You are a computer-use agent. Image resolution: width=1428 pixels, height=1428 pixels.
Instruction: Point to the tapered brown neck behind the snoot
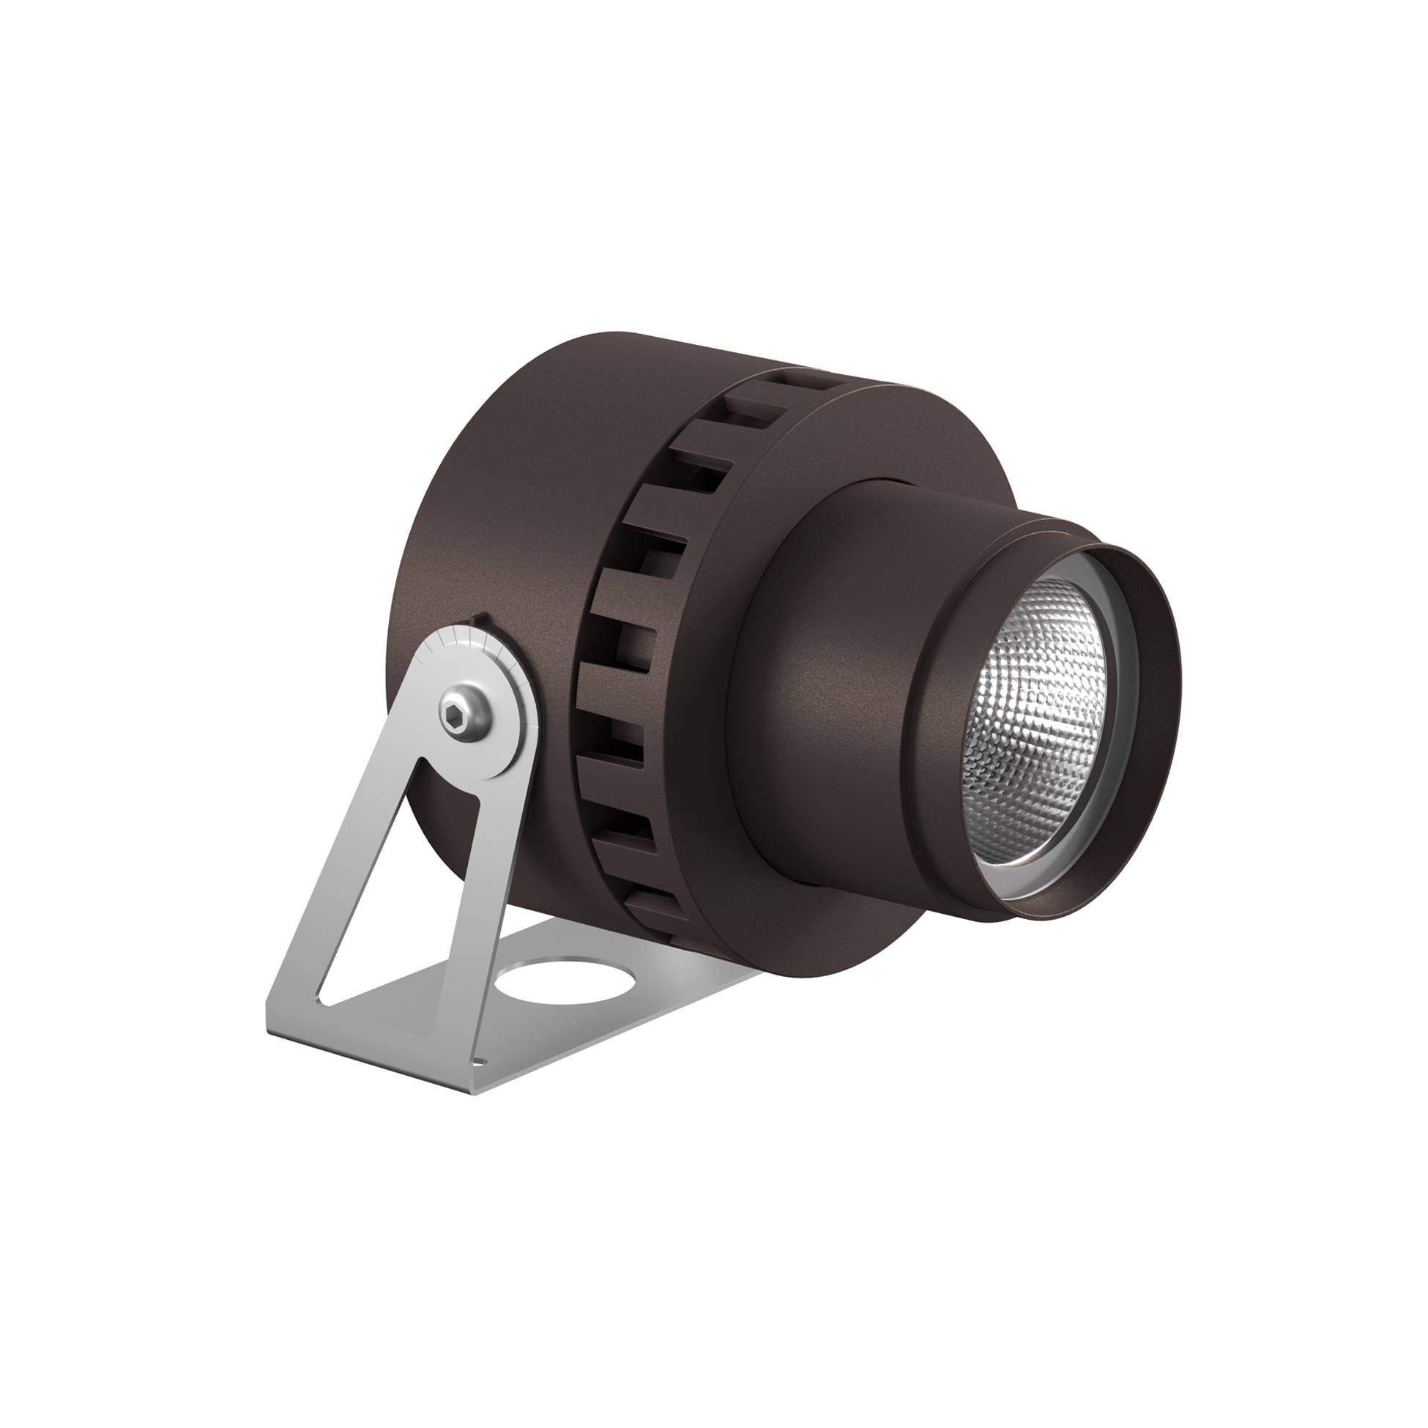[828, 665]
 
